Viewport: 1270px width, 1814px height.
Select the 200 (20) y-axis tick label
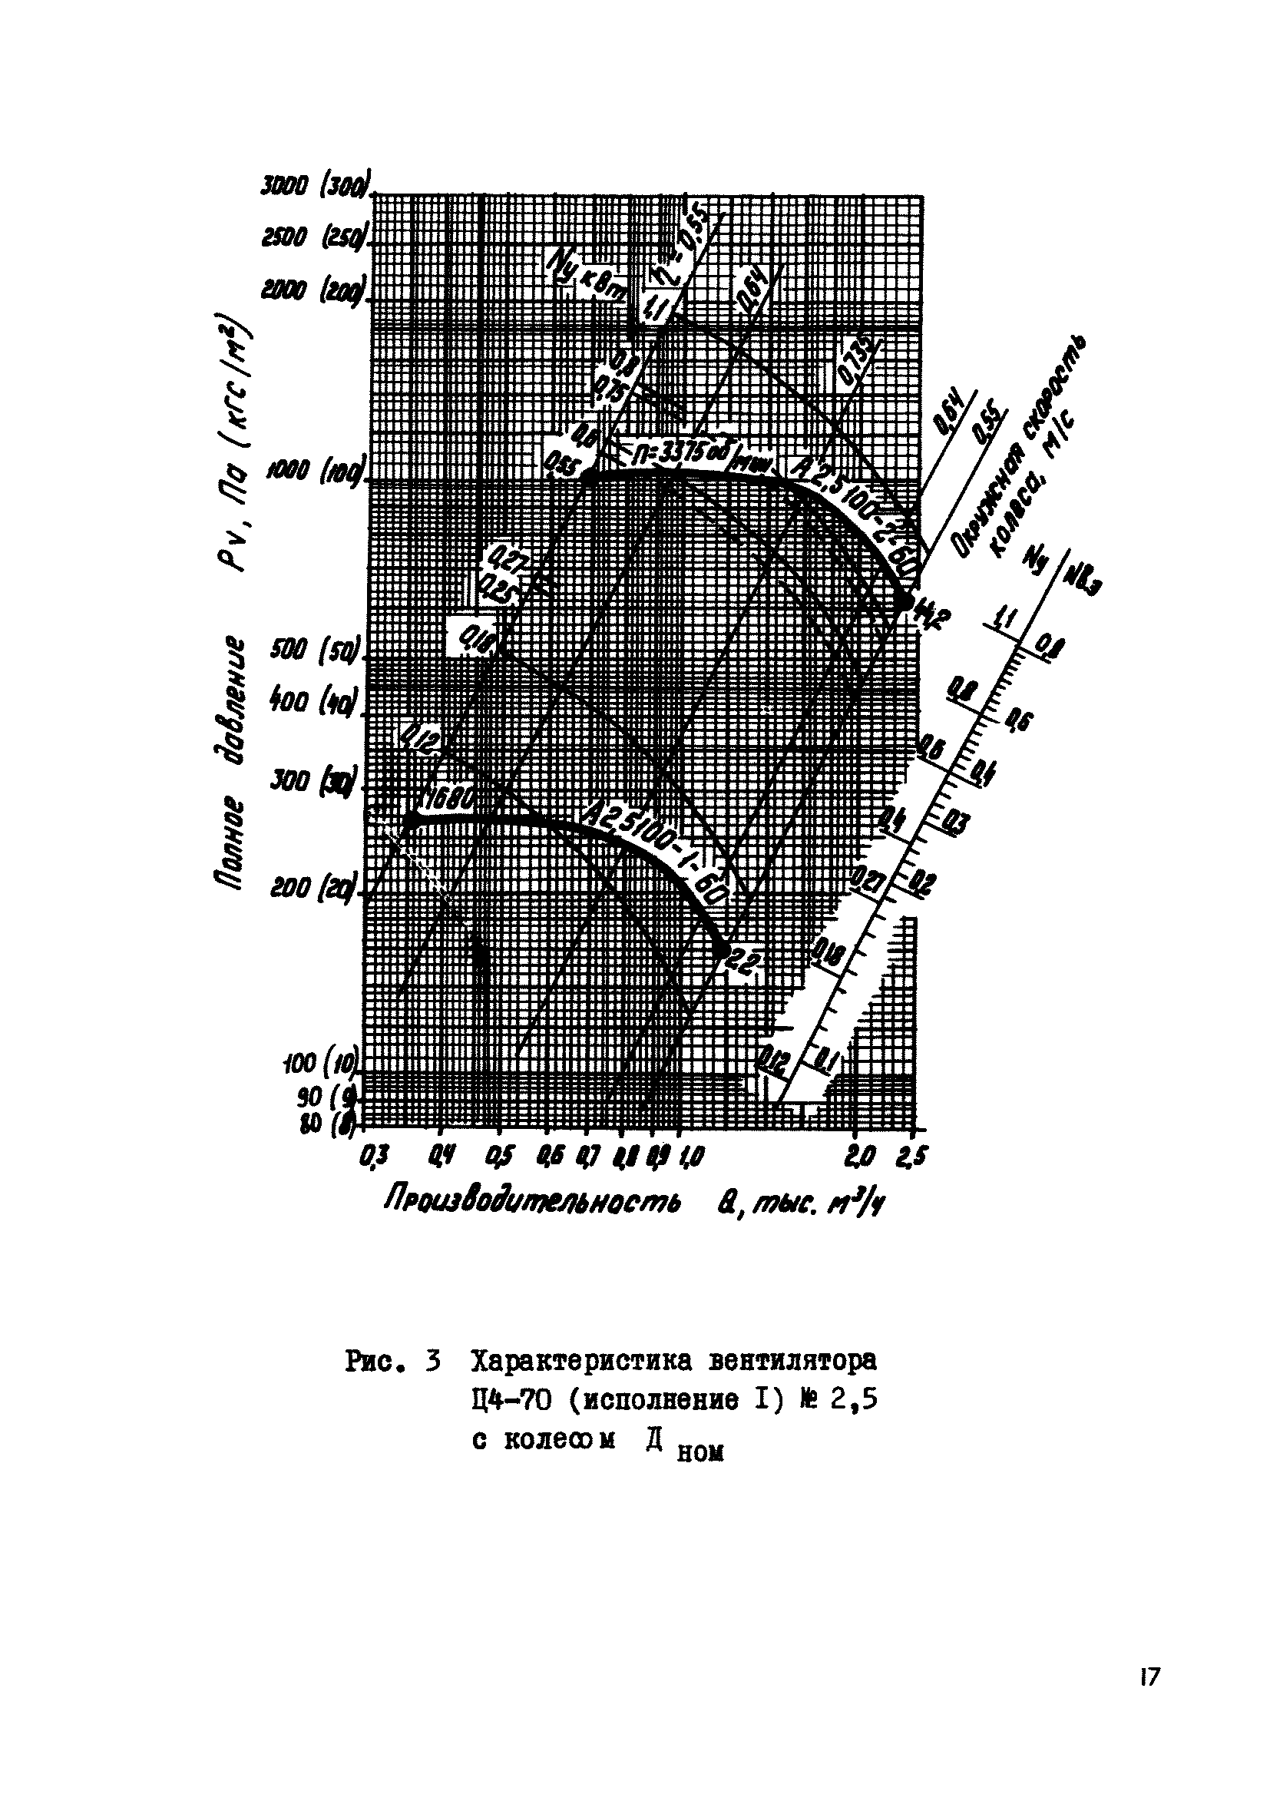coord(313,889)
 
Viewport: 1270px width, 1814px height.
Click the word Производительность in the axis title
coord(532,1206)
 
